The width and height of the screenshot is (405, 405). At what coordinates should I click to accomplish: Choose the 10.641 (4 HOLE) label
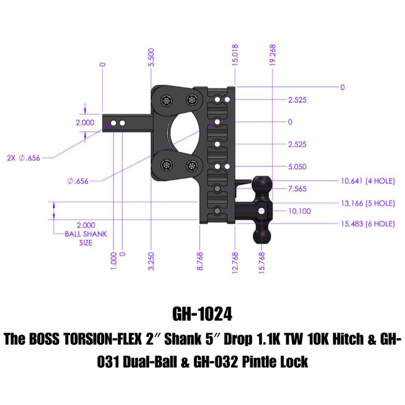pyautogui.click(x=366, y=180)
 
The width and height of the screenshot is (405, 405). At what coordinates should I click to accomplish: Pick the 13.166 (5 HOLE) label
pyautogui.click(x=366, y=203)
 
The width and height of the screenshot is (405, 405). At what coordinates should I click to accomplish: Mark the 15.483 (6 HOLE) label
pyautogui.click(x=366, y=224)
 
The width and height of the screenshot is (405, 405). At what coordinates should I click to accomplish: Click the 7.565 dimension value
pyautogui.click(x=297, y=189)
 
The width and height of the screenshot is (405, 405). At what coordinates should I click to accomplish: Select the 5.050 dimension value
pyautogui.click(x=297, y=167)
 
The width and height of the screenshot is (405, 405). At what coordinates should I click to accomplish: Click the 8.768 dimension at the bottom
pyautogui.click(x=200, y=261)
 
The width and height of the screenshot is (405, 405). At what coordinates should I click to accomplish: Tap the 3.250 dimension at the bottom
pyautogui.click(x=152, y=261)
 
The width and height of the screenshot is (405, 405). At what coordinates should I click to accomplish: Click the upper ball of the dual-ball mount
pyautogui.click(x=262, y=183)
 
